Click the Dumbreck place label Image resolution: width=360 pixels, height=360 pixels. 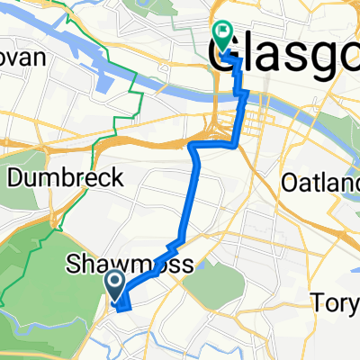pos(65,178)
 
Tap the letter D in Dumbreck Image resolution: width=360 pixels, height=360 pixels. pos(14,178)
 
